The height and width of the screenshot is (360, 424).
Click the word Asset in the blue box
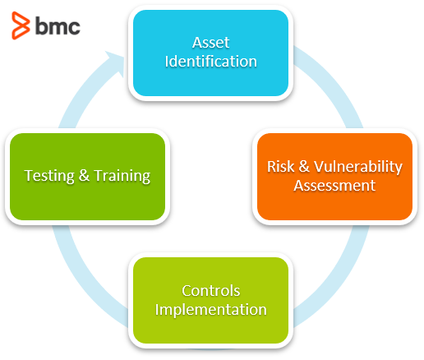point(210,43)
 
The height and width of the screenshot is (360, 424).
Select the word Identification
point(210,61)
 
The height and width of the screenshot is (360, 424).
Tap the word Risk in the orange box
point(280,166)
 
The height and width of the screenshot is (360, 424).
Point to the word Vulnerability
point(358,167)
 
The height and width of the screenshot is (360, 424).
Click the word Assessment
point(334,186)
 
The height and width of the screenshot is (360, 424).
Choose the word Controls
point(211,291)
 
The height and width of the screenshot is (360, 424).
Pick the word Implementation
point(211,310)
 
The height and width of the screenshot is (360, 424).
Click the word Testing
point(49,176)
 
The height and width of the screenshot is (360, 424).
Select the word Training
point(122,176)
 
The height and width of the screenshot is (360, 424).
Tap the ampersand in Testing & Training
point(84,175)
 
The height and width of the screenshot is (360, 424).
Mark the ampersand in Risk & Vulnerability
point(304,166)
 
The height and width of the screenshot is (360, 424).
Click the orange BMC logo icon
point(21,25)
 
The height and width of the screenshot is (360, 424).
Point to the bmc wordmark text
point(58,25)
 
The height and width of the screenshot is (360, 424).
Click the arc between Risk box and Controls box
point(339,277)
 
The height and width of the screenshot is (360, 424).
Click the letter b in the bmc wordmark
point(41,25)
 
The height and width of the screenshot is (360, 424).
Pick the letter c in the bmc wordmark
point(74,28)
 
